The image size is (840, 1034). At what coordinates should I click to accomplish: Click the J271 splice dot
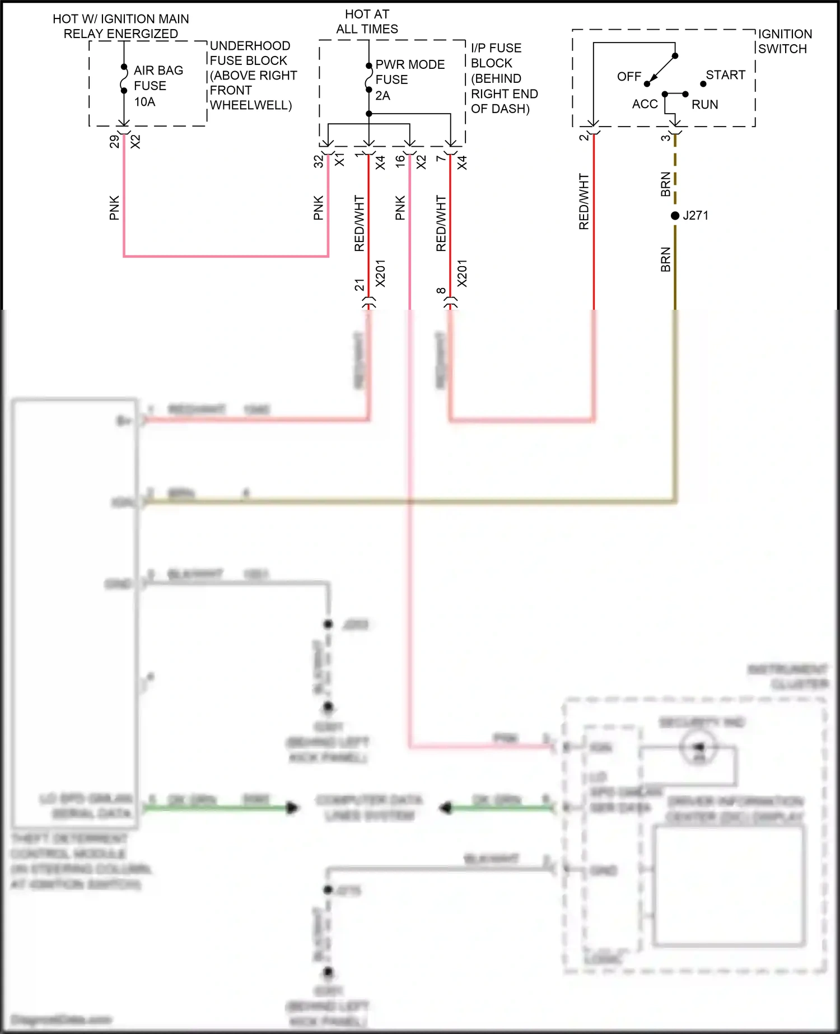pos(675,216)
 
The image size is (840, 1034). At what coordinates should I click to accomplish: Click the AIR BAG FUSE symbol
pos(124,78)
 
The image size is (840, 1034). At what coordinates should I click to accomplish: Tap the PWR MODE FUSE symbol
pos(368,78)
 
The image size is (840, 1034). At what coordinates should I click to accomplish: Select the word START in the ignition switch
pos(725,75)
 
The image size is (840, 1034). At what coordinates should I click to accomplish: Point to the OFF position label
pos(629,77)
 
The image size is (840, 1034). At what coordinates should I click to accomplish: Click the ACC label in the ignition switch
pos(645,104)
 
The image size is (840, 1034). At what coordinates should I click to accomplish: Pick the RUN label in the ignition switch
pos(704,105)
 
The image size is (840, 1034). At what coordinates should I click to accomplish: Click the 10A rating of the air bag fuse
pos(144,102)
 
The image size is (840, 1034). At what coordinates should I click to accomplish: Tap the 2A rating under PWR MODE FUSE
pos(382,96)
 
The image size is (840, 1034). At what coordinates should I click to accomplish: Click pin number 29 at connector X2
pos(114,142)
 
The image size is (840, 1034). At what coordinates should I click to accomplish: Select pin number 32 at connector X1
pos(318,161)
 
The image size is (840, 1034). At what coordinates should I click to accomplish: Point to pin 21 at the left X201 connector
pos(359,285)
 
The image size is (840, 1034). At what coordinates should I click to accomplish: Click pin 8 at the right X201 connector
pos(441,290)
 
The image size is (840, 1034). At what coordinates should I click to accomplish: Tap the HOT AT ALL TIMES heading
pos(367,21)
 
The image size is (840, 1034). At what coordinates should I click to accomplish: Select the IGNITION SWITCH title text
pos(784,41)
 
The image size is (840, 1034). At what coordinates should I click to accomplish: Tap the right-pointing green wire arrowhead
pos(292,808)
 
